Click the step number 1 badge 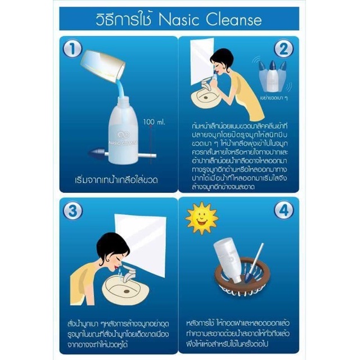point(73,49)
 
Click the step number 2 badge point(283,48)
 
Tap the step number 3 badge point(73,210)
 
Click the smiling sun point(201,218)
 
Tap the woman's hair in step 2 point(221,58)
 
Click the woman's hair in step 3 point(112,245)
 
